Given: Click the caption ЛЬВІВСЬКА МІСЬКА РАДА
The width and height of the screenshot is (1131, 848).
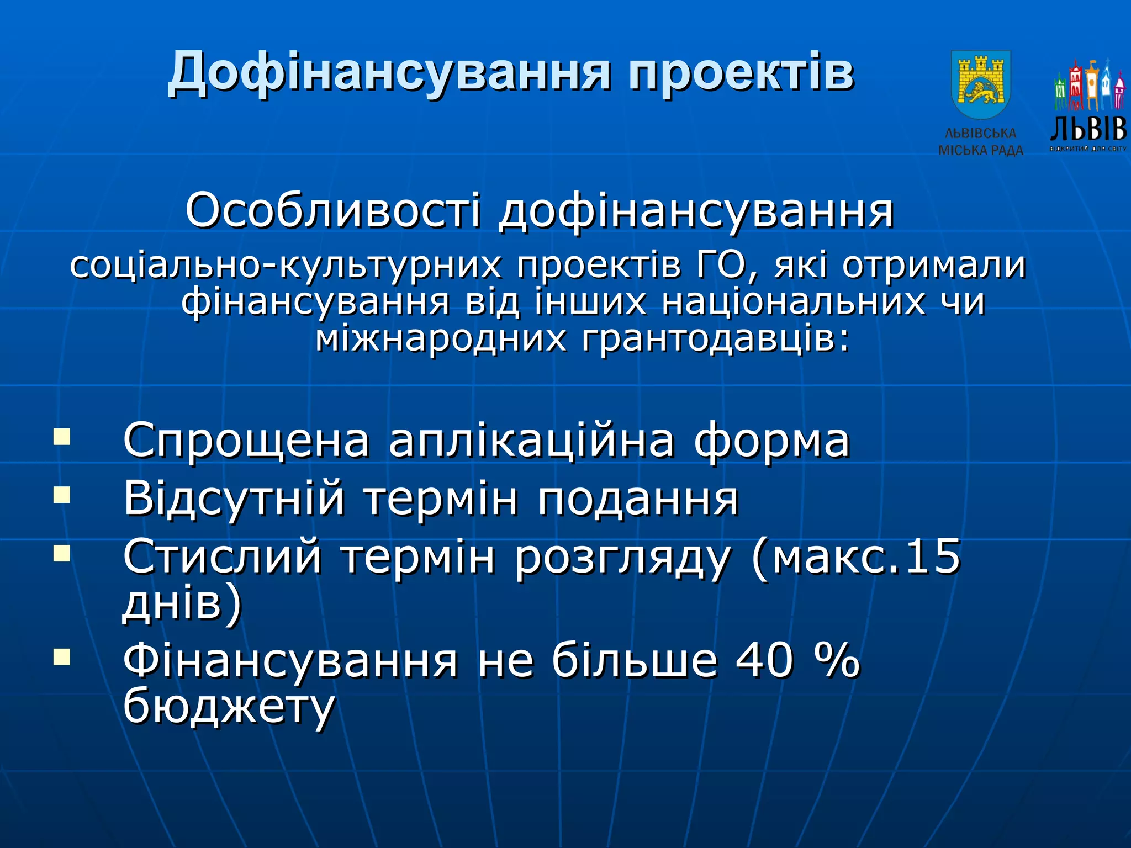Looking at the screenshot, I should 981,142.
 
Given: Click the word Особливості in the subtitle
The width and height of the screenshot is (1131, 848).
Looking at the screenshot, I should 333,211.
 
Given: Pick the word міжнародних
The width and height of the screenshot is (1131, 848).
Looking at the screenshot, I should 441,339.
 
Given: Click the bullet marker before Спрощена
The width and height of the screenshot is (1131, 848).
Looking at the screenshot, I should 62,437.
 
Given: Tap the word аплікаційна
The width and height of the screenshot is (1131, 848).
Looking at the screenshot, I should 531,441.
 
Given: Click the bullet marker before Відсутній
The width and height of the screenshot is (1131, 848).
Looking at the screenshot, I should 62,495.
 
